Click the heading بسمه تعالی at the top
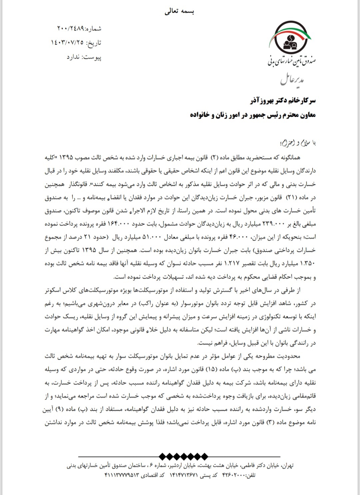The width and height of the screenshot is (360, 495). coord(179,12)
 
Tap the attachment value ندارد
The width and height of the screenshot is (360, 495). coord(73,57)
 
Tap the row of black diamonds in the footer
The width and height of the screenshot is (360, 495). coord(183,456)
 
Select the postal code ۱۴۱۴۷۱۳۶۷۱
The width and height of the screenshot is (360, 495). coord(184,475)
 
